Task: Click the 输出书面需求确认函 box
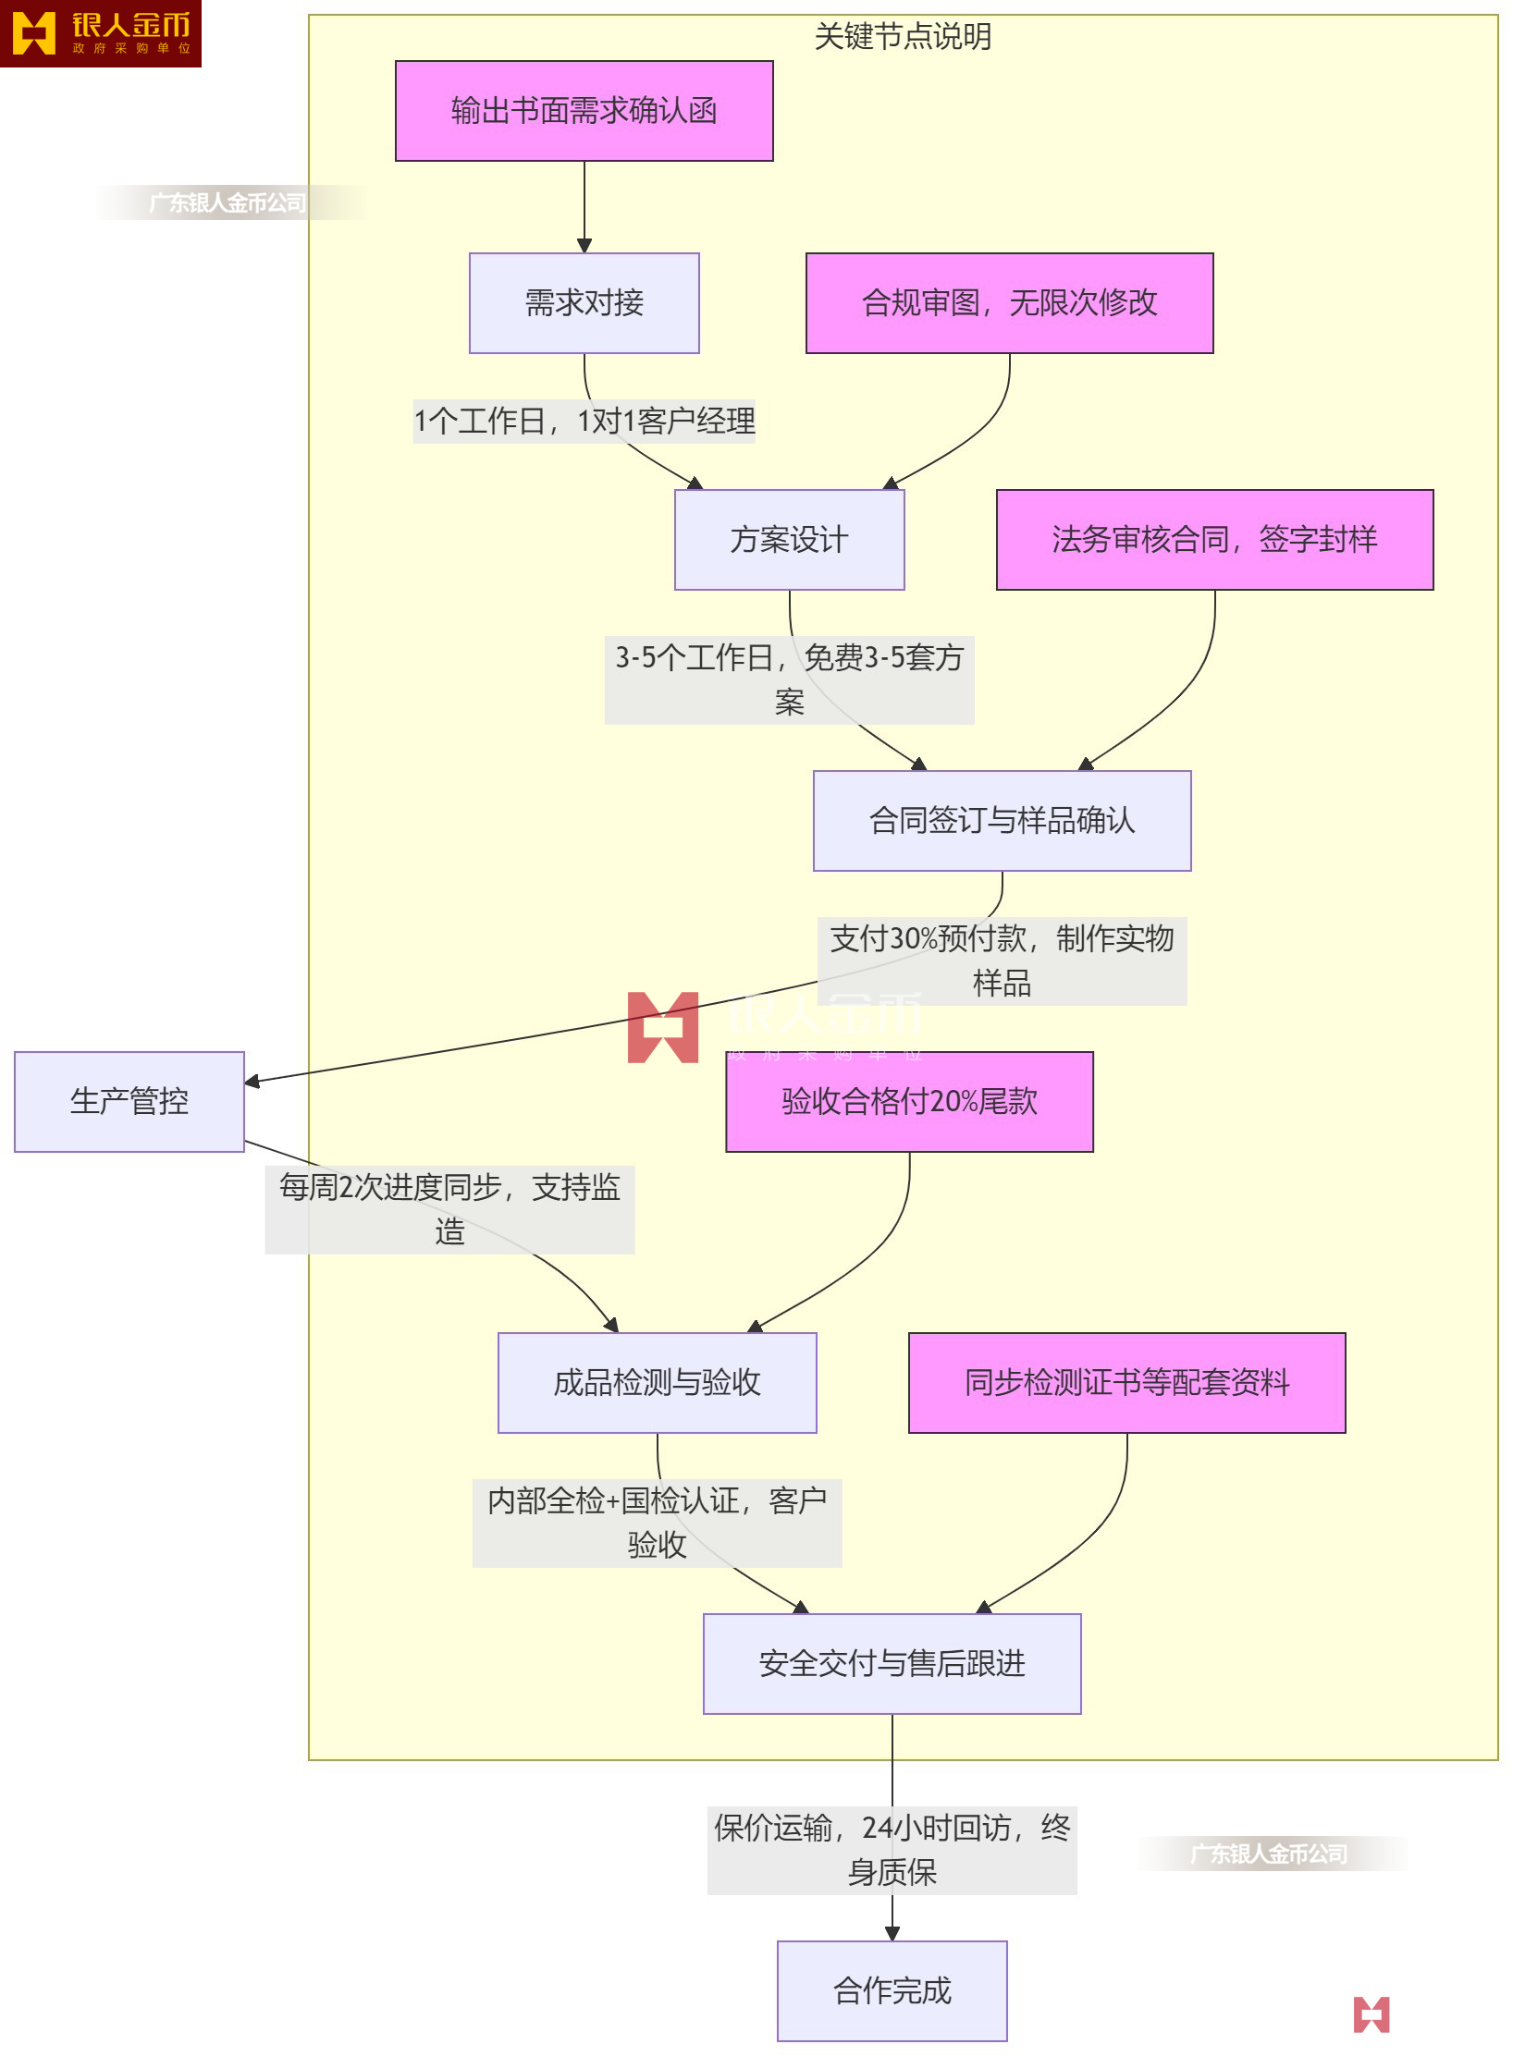[x=584, y=111]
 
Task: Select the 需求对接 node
[x=584, y=303]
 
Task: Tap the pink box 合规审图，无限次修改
[x=1009, y=303]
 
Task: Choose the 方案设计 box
[x=789, y=540]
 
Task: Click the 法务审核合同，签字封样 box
[x=1214, y=540]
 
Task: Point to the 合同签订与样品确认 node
[x=1002, y=821]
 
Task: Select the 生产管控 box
[x=129, y=1102]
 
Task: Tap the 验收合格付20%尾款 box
[x=909, y=1102]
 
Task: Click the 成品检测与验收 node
[x=657, y=1383]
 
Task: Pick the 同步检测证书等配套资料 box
[x=1126, y=1383]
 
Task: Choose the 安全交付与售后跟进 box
[x=892, y=1664]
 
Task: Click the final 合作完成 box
[x=892, y=1991]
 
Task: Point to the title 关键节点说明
[x=903, y=37]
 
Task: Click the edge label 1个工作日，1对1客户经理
[x=584, y=422]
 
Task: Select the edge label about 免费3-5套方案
[x=789, y=679]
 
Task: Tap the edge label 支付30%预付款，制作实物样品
[x=1002, y=961]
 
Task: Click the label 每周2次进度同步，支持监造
[x=449, y=1209]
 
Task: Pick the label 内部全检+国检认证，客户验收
[x=657, y=1523]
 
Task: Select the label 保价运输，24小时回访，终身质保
[x=892, y=1850]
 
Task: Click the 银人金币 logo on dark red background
[x=100, y=33]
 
